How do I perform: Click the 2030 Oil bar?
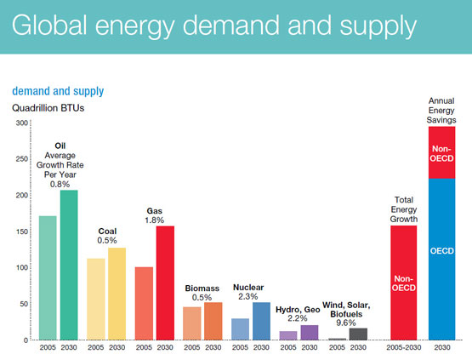(x=69, y=265)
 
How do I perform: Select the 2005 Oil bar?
(x=48, y=278)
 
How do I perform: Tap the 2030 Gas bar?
(x=165, y=283)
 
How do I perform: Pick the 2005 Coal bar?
(x=96, y=299)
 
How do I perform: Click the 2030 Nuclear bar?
(x=261, y=321)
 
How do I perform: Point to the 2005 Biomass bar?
(x=192, y=323)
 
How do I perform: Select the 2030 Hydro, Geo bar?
(x=310, y=333)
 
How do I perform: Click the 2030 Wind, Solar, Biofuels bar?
(x=358, y=334)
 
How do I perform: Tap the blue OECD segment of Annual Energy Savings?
(x=442, y=260)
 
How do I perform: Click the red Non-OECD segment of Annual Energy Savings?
(x=442, y=152)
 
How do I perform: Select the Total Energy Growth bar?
(x=404, y=283)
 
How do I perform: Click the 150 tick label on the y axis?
(x=22, y=231)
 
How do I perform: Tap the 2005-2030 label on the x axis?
(x=404, y=347)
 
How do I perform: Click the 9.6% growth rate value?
(x=346, y=323)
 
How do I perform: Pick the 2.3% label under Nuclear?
(x=248, y=297)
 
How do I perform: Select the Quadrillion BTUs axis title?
(x=48, y=108)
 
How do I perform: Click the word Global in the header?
(x=49, y=25)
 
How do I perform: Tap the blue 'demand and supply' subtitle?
(x=58, y=91)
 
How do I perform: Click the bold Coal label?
(x=107, y=231)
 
